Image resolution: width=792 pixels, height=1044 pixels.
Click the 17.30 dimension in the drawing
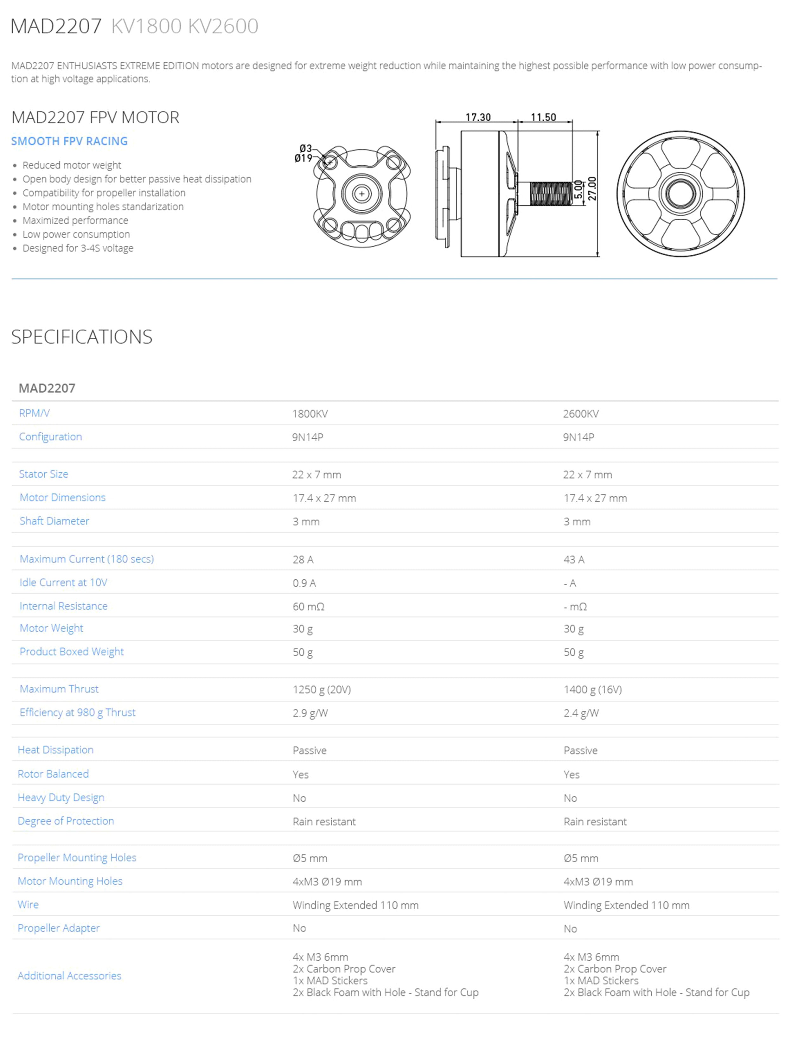(478, 117)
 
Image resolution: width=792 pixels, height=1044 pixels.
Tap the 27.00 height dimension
(592, 188)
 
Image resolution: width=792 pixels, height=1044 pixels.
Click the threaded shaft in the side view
(550, 194)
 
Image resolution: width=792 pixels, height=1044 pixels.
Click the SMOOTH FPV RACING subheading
(69, 141)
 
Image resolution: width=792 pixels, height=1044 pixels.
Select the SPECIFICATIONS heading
(82, 337)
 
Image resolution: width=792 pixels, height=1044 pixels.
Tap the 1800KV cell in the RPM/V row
(310, 414)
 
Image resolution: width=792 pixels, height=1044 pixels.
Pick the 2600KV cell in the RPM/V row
(581, 414)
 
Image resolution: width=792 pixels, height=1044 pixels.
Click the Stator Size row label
(43, 474)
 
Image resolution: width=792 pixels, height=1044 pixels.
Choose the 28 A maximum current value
(303, 559)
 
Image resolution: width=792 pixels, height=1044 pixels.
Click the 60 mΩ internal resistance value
(308, 607)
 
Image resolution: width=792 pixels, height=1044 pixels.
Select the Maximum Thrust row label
(59, 689)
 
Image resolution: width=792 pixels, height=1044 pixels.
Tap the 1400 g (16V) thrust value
(592, 690)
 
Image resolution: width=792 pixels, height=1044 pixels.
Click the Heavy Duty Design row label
(61, 797)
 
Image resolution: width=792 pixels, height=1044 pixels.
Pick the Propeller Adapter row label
(59, 928)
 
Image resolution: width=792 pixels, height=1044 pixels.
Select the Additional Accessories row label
(69, 976)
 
